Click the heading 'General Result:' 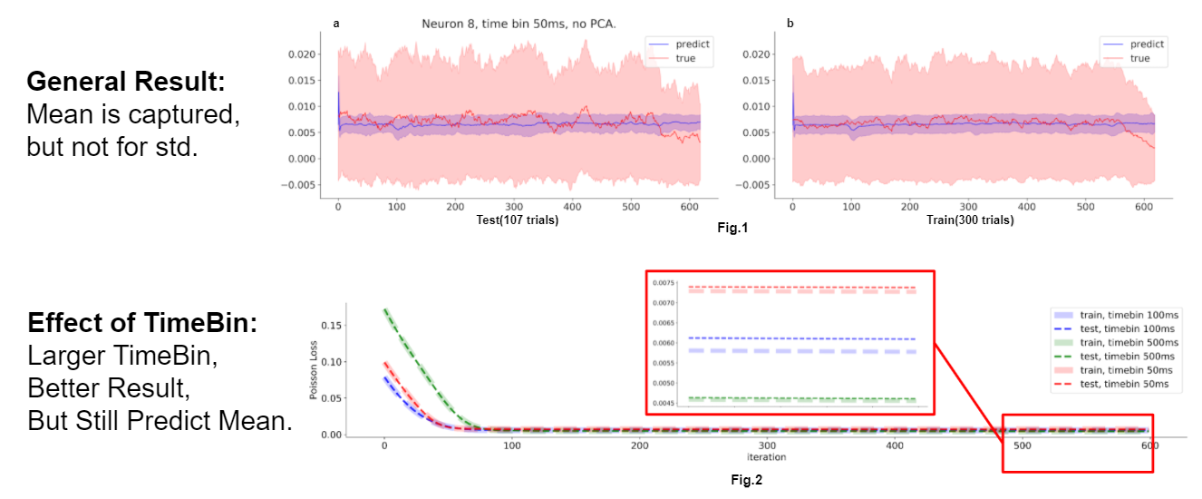pos(125,83)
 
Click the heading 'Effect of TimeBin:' pos(141,324)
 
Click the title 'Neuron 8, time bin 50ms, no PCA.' pos(519,24)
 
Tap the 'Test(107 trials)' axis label pos(517,220)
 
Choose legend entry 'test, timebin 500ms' pos(1127,357)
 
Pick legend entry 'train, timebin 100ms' pos(1127,314)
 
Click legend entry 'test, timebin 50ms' pos(1124,385)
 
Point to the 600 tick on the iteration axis pos(1149,446)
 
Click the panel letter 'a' pos(336,24)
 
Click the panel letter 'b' pos(790,24)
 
